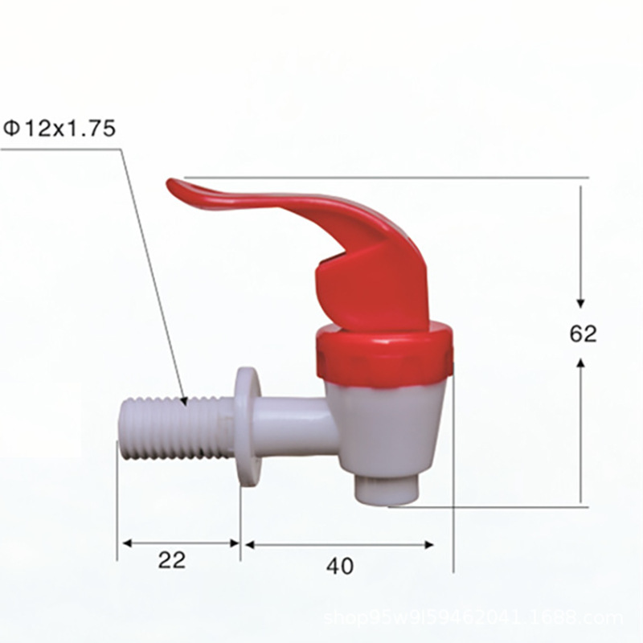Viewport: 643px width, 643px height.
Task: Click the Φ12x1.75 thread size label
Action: (60, 129)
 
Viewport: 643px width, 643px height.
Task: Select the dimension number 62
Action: (584, 334)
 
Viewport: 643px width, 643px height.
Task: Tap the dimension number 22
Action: (172, 559)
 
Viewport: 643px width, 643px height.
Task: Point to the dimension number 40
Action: (340, 566)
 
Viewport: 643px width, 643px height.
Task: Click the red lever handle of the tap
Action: (354, 257)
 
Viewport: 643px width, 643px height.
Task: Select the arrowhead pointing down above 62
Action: (581, 301)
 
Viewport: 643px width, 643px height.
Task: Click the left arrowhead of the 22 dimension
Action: (125, 543)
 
